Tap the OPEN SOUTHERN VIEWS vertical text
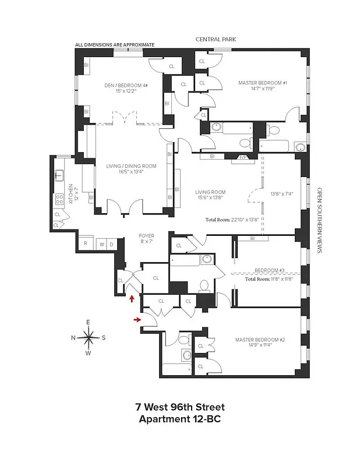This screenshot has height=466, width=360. coord(319,220)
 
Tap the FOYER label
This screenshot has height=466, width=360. coord(146,236)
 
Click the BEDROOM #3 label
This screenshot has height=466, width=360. coord(269,271)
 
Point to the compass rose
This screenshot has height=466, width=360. coord(89,337)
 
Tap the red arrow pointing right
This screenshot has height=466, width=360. coord(138,319)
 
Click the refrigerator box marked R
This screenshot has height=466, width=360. coord(86,244)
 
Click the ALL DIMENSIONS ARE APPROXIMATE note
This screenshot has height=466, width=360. coord(115,44)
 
